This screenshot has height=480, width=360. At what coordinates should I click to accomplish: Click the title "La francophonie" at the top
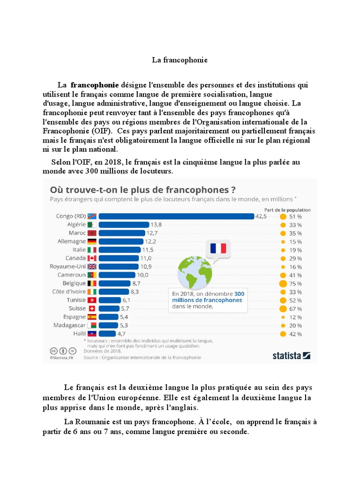[x=180, y=60]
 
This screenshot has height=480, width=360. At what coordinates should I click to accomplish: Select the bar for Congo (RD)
[x=176, y=216]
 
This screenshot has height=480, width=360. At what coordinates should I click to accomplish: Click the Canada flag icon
[x=92, y=258]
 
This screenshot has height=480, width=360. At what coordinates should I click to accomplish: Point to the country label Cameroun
[x=72, y=275]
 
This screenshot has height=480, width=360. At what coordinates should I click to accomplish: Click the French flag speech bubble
[x=218, y=249]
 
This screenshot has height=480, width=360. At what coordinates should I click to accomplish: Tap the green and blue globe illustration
[x=195, y=272]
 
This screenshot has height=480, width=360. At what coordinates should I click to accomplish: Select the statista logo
[x=291, y=355]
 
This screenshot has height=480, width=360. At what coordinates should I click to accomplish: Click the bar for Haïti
[x=108, y=334]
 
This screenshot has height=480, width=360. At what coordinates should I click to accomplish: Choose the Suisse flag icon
[x=92, y=308]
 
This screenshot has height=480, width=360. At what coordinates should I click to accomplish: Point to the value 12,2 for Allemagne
[x=150, y=241]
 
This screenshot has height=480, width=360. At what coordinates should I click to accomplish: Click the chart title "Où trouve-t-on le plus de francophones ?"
[x=143, y=190]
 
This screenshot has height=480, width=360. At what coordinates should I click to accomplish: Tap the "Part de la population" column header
[x=287, y=210]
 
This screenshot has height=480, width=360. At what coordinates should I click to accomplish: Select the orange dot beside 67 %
[x=283, y=308]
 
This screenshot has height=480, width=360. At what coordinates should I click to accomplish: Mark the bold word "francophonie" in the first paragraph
[x=95, y=85]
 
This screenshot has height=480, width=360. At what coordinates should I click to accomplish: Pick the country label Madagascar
[x=69, y=325]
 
